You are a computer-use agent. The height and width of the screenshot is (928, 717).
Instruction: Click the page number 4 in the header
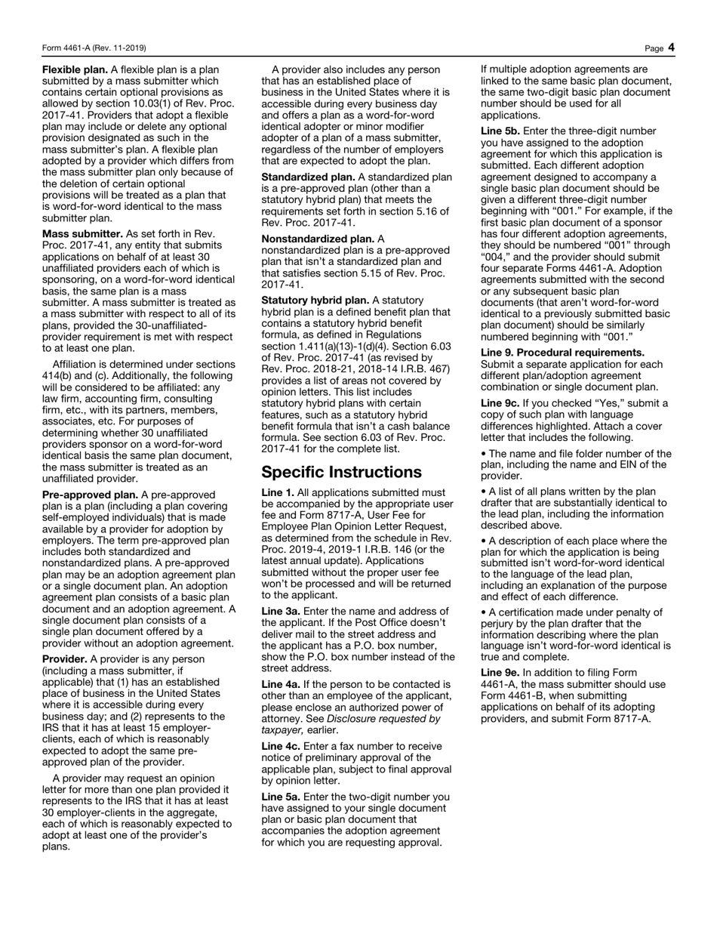[x=671, y=48]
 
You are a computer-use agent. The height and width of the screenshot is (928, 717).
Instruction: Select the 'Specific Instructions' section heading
[x=341, y=472]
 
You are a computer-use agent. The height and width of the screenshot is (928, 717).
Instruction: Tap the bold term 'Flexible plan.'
[x=75, y=69]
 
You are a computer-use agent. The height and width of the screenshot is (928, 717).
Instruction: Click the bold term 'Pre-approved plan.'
[x=90, y=495]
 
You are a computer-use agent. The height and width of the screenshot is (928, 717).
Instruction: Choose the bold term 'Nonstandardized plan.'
[x=317, y=239]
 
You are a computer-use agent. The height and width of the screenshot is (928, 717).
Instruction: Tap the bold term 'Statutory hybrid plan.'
[x=315, y=301]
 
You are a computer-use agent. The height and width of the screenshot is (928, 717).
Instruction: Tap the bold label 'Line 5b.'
[x=503, y=131]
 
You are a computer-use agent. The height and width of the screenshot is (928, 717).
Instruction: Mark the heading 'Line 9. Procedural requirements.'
[x=562, y=353]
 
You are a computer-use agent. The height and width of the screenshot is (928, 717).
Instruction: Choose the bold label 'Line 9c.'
[x=503, y=403]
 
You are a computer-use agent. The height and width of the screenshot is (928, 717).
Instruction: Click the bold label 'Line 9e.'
[x=503, y=673]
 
